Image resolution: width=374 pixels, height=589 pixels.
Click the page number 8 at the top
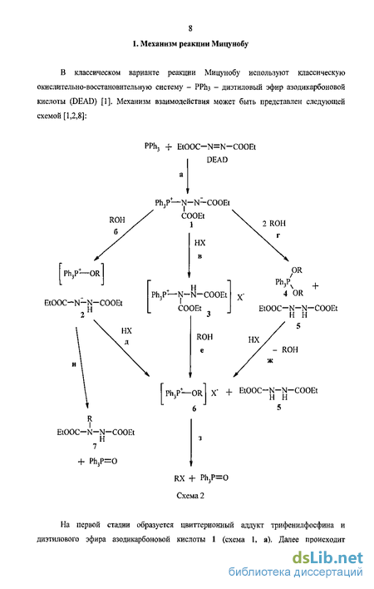pyautogui.click(x=190, y=28)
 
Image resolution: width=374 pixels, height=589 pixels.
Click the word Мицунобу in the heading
pyautogui.click(x=229, y=44)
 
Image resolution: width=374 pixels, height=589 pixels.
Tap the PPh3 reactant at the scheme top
pyautogui.click(x=152, y=146)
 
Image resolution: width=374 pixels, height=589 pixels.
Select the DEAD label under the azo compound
pyautogui.click(x=217, y=160)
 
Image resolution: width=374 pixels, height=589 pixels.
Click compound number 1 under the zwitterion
pyautogui.click(x=191, y=225)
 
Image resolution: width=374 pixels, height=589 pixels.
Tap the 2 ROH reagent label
pyautogui.click(x=273, y=224)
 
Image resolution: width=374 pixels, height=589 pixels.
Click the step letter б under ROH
pyautogui.click(x=116, y=231)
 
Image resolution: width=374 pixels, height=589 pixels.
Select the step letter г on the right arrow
pyautogui.click(x=278, y=235)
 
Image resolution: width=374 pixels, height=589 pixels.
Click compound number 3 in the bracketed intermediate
pyautogui.click(x=209, y=314)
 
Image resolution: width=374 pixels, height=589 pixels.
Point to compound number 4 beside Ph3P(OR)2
pyautogui.click(x=285, y=294)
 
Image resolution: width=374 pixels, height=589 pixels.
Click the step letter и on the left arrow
pyautogui.click(x=74, y=364)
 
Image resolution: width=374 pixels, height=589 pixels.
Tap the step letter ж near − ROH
pyautogui.click(x=270, y=360)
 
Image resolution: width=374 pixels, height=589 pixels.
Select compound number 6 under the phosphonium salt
pyautogui.click(x=194, y=408)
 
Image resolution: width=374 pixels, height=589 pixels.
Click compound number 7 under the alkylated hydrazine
pyautogui.click(x=95, y=446)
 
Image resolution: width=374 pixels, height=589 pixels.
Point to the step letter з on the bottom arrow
pyautogui.click(x=200, y=438)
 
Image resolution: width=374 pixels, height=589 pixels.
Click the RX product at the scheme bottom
pyautogui.click(x=180, y=478)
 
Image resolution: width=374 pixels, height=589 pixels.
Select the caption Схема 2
pyautogui.click(x=190, y=496)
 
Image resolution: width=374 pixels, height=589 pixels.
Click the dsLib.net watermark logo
pyautogui.click(x=327, y=557)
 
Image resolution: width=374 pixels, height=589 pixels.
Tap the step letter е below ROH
pyautogui.click(x=202, y=350)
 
